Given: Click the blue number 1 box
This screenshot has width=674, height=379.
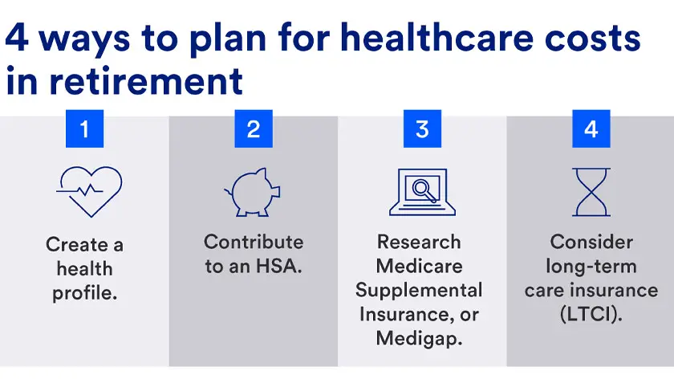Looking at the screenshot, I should coord(85,128).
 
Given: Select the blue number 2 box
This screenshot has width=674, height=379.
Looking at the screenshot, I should coord(254,128).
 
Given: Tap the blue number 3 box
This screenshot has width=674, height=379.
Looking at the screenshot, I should coord(422,128).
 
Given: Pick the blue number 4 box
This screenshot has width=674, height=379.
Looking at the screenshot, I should coord(591,128).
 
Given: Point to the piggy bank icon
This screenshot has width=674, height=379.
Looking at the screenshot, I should coord(253,192).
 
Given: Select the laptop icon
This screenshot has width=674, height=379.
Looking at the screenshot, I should coord(422,192).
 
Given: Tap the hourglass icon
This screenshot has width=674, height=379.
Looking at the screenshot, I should coord(591,192).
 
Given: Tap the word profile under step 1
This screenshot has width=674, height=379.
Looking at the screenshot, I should coord(85,294).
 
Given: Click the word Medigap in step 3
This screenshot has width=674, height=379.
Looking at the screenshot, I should coord(419,338).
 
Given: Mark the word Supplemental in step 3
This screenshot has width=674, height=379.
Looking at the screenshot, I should coord(419,290).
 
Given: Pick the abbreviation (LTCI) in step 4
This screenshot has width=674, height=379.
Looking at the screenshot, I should coord(591,314).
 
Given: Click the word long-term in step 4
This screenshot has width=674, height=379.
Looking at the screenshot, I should coord(591,266).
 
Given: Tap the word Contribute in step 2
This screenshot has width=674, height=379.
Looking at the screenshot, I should coord(254,242).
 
